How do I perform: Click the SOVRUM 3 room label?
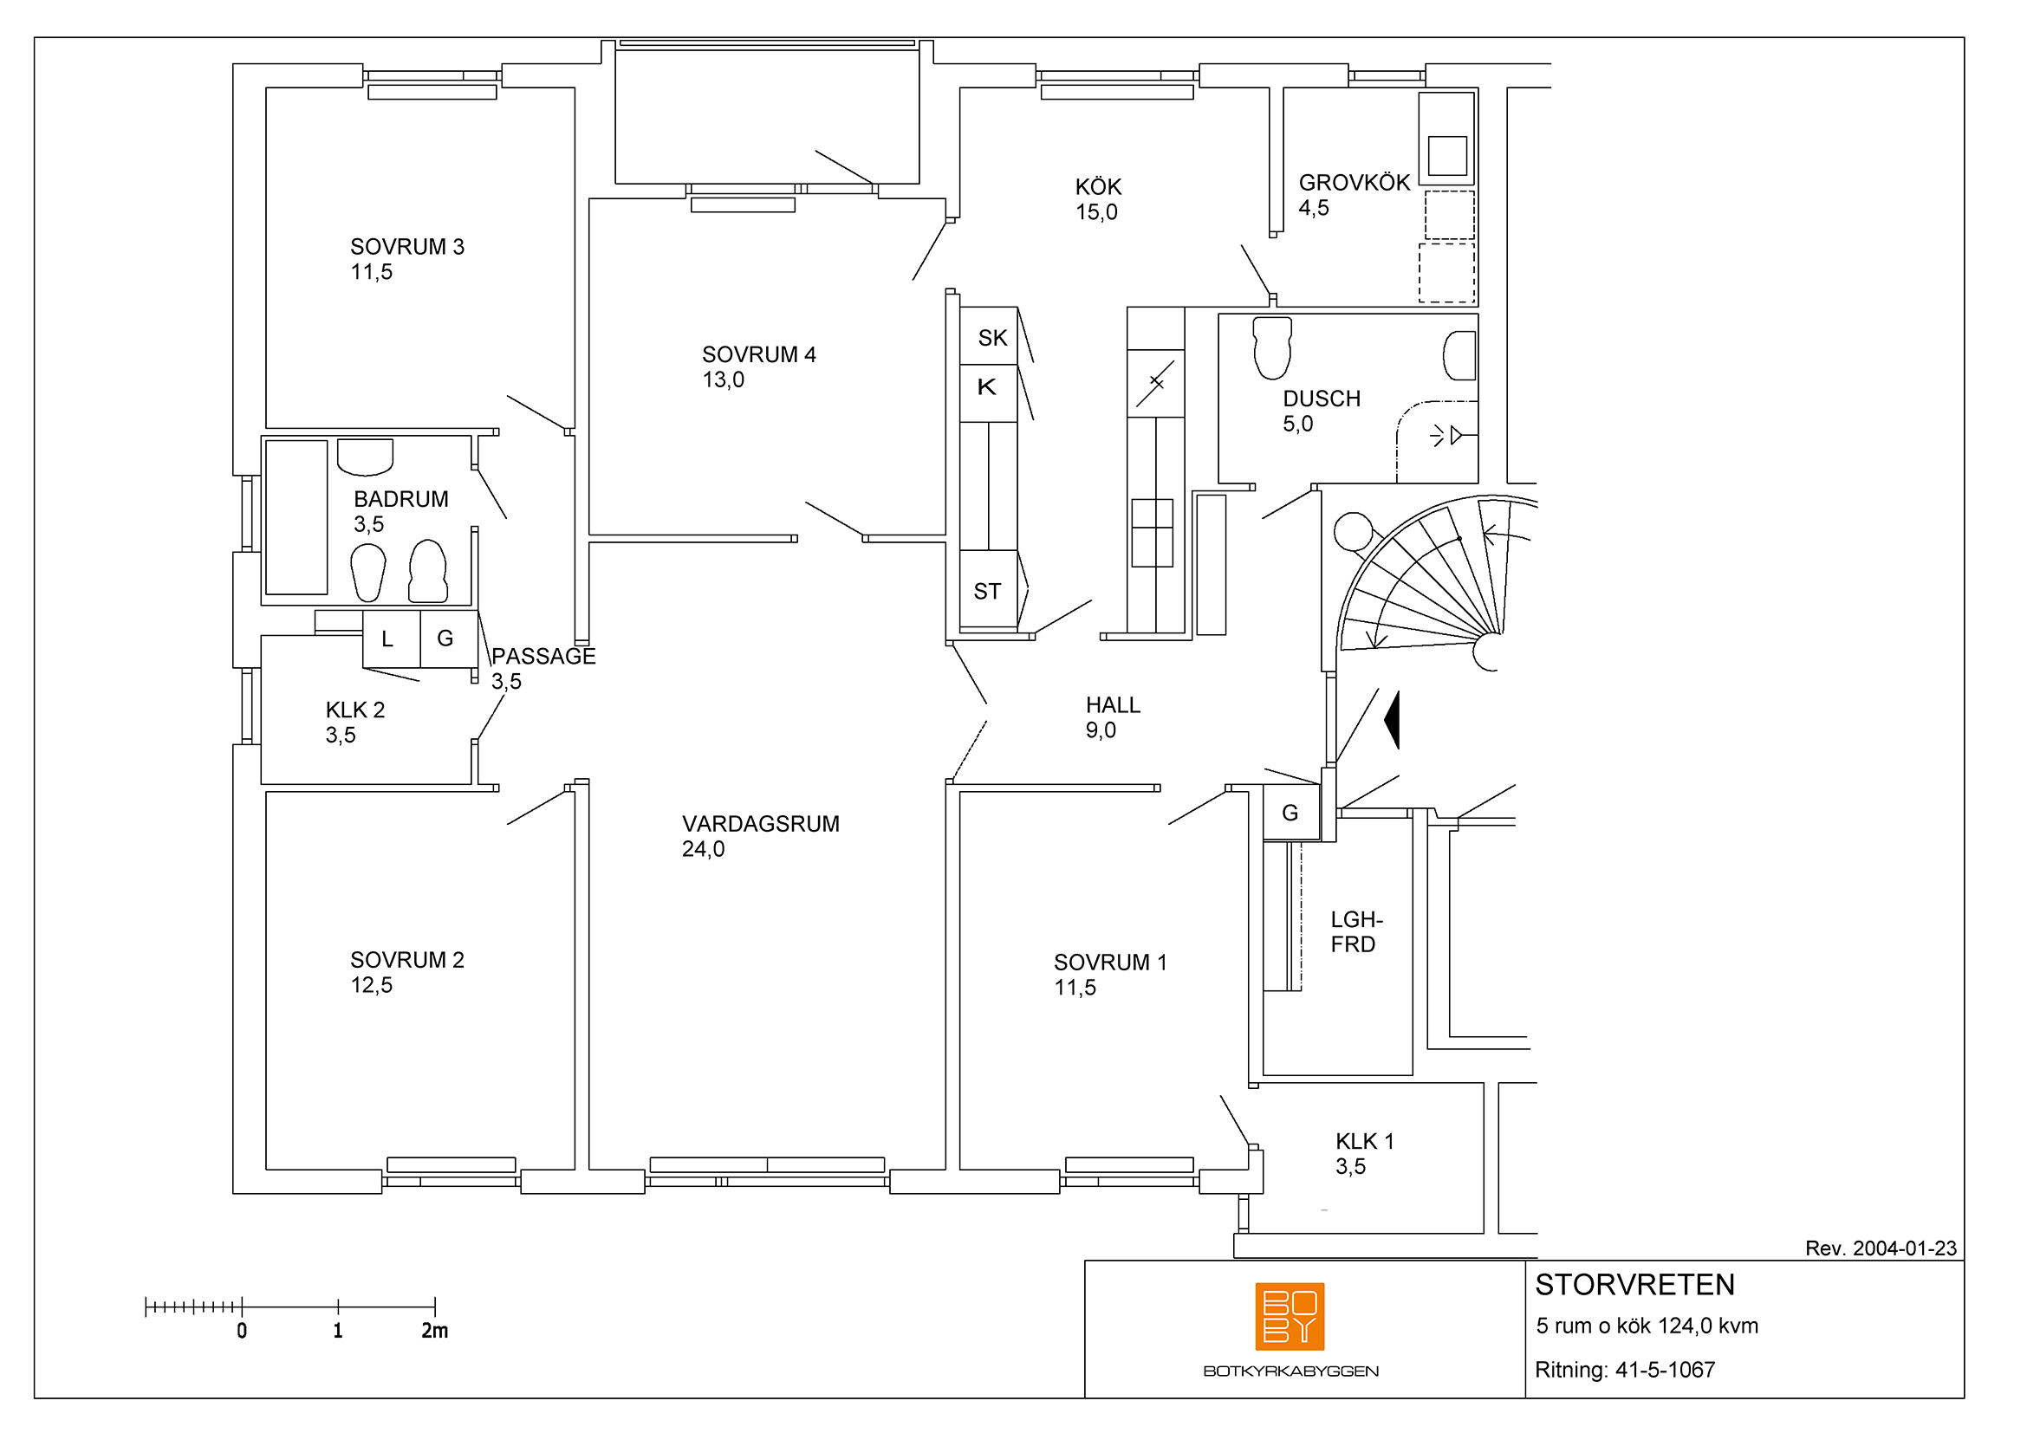click(x=407, y=246)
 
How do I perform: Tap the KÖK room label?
click(x=1098, y=187)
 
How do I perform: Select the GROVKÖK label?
click(x=1355, y=183)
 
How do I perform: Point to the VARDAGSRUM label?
click(x=760, y=823)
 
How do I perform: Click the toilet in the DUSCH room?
click(x=1272, y=347)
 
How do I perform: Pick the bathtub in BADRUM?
click(x=296, y=517)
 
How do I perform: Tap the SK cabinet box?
click(x=989, y=335)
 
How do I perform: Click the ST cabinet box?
click(x=989, y=589)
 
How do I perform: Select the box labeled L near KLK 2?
click(x=391, y=639)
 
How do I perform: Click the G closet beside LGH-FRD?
click(x=1291, y=813)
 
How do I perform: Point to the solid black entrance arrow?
click(x=1393, y=720)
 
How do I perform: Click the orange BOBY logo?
click(x=1290, y=1317)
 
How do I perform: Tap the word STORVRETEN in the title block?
click(x=1635, y=1285)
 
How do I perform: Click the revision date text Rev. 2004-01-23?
click(x=1881, y=1248)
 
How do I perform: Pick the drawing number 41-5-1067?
click(x=1665, y=1370)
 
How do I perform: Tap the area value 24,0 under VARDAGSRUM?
click(x=703, y=849)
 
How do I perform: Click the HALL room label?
click(x=1114, y=705)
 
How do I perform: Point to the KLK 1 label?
click(x=1365, y=1141)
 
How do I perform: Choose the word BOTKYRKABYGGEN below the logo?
click(x=1290, y=1371)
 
